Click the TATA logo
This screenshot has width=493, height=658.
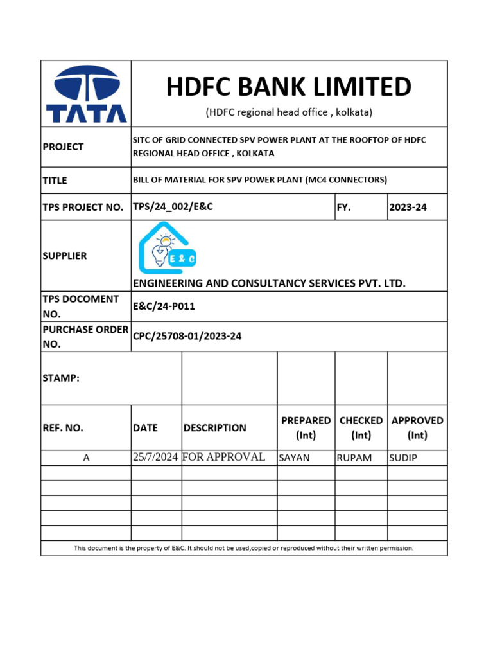pyautogui.click(x=86, y=94)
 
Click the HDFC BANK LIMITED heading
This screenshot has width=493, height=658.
pyautogui.click(x=289, y=86)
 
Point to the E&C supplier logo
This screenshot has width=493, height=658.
pyautogui.click(x=168, y=248)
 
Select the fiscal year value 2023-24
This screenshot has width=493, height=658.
pyautogui.click(x=408, y=208)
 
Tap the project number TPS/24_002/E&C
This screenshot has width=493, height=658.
pyautogui.click(x=173, y=207)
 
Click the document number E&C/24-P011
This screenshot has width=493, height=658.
pyautogui.click(x=164, y=307)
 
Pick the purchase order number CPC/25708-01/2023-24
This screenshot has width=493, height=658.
pyautogui.click(x=187, y=336)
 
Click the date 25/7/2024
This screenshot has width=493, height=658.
pyautogui.click(x=155, y=458)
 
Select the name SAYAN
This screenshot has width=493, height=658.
pyautogui.click(x=294, y=458)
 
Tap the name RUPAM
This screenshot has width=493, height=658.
pyautogui.click(x=354, y=458)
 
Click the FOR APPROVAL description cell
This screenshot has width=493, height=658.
pyautogui.click(x=224, y=458)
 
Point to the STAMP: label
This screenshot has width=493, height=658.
pyautogui.click(x=61, y=378)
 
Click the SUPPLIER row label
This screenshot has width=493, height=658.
pyautogui.click(x=65, y=256)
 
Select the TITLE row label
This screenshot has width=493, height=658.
pyautogui.click(x=55, y=181)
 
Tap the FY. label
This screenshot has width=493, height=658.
pyautogui.click(x=344, y=208)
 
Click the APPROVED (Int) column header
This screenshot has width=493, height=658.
pyautogui.click(x=417, y=427)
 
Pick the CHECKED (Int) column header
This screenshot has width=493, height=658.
pyautogui.click(x=361, y=427)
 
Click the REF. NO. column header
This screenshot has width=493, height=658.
pyautogui.click(x=63, y=428)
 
